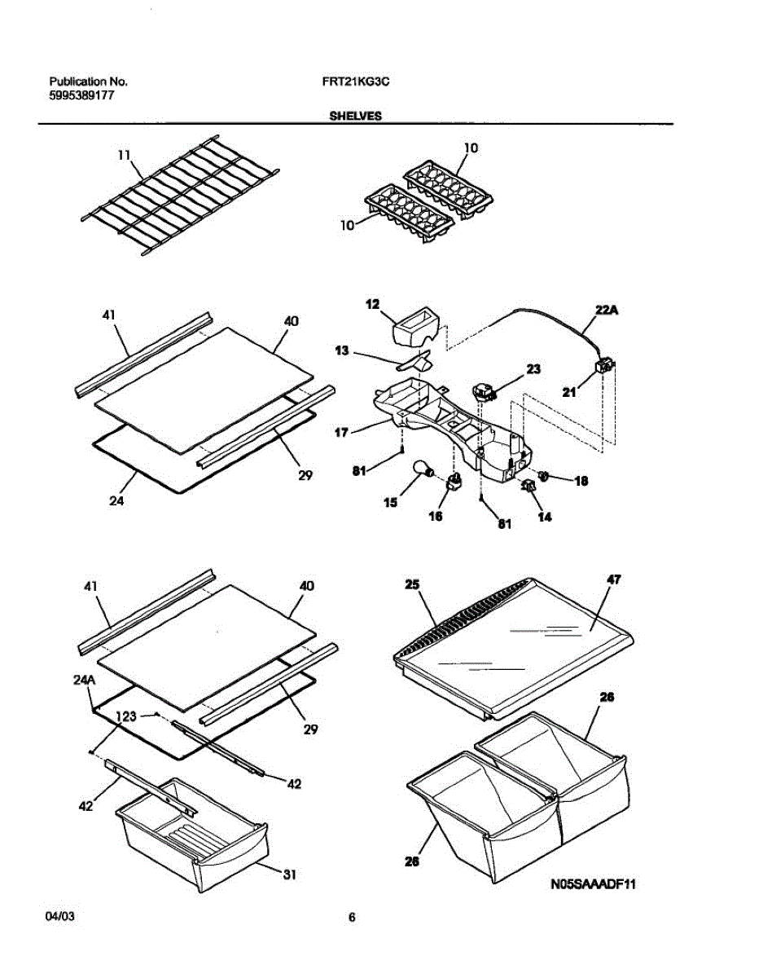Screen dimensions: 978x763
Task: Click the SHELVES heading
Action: [x=355, y=117]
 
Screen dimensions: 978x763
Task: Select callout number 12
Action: [x=372, y=303]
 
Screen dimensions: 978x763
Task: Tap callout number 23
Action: [x=533, y=369]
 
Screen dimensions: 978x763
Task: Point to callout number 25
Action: [x=411, y=584]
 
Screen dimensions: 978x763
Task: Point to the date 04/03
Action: [x=60, y=918]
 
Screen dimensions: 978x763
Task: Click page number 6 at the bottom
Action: [x=352, y=918]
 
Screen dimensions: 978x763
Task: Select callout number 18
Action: [x=581, y=482]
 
